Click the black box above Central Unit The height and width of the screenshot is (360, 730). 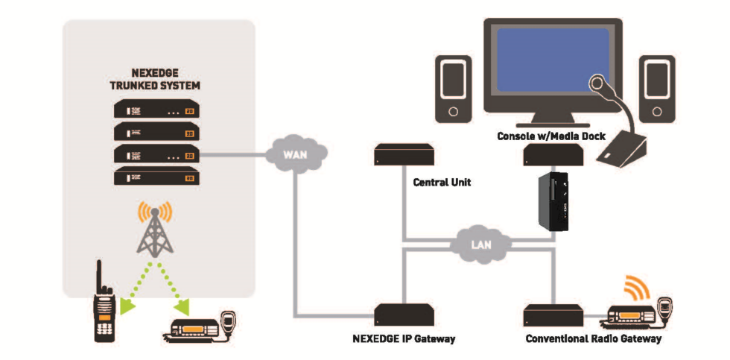pos(404,155)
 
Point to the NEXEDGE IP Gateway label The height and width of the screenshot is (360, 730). pos(403,339)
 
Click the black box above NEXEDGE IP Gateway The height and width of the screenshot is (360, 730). pos(404,313)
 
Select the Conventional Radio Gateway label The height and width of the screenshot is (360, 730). pos(593,339)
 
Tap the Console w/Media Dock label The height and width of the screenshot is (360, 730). pos(550,136)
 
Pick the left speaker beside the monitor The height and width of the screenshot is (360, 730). pos(454,89)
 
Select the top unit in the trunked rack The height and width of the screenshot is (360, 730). pos(155,110)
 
